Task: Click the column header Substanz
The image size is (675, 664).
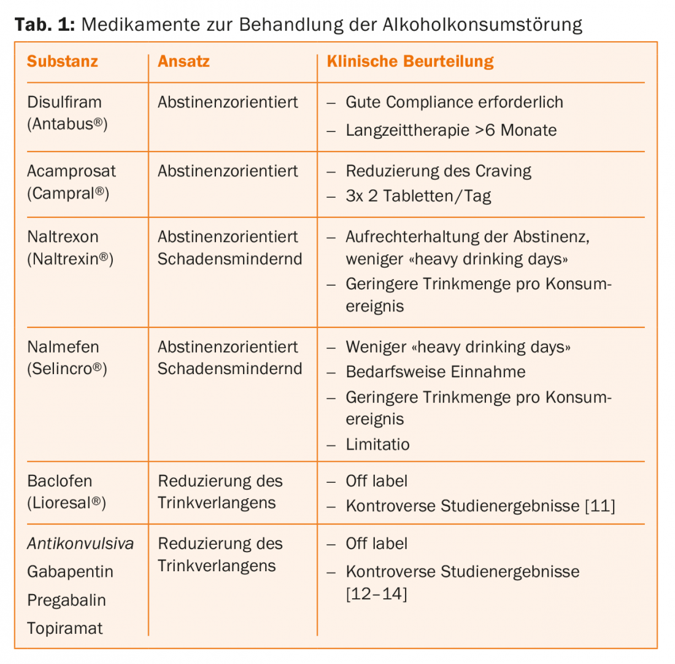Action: pos(63,61)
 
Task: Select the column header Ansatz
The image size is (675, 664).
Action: pos(183,61)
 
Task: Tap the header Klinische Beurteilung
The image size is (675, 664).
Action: pos(410,61)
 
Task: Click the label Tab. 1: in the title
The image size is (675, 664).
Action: pos(43,25)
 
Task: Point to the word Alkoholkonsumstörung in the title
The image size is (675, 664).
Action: pos(482,25)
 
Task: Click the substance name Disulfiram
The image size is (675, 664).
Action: pos(64,102)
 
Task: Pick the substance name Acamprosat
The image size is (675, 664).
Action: pos(71,171)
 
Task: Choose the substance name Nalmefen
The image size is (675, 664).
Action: pos(63,347)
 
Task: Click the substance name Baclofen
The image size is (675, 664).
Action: pos(60,481)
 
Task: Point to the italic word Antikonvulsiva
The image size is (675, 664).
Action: pos(80,544)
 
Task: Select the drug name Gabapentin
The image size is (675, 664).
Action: pos(70,572)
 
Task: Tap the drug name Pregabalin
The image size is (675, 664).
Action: pos(66,600)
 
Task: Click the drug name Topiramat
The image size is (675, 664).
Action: pos(64,628)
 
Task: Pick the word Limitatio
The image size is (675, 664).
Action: pos(377,444)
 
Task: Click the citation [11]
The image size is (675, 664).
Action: pos(600,506)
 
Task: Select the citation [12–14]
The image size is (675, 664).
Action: pos(376,594)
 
